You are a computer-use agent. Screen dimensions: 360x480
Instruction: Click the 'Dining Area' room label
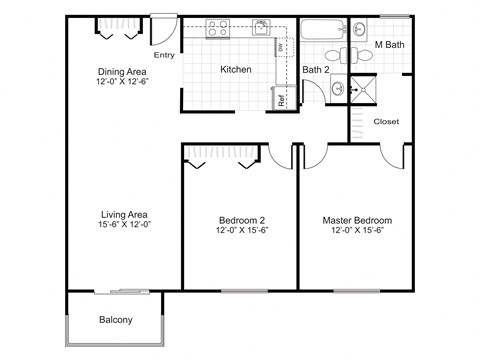click(124, 71)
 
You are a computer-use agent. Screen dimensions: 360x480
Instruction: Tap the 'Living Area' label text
click(124, 214)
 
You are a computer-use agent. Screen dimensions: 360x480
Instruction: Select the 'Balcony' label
click(116, 320)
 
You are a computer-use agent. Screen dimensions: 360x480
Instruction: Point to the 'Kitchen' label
click(235, 69)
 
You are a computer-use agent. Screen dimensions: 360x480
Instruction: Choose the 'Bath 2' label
click(316, 69)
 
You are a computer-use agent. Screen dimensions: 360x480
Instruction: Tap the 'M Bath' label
click(388, 45)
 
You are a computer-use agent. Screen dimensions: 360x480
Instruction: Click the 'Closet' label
click(386, 121)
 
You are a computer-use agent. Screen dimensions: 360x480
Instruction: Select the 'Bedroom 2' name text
click(240, 220)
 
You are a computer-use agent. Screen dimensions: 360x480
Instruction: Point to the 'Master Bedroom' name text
click(357, 220)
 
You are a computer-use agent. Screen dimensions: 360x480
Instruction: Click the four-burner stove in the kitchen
click(217, 29)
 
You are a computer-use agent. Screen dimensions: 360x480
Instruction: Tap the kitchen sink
click(261, 27)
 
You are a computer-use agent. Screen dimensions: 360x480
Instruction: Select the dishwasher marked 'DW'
click(281, 48)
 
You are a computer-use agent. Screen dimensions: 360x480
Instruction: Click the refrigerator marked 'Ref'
click(282, 98)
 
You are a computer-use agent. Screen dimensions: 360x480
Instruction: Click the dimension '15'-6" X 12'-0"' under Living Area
click(124, 226)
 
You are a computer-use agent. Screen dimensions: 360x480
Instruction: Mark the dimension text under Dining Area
click(124, 82)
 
